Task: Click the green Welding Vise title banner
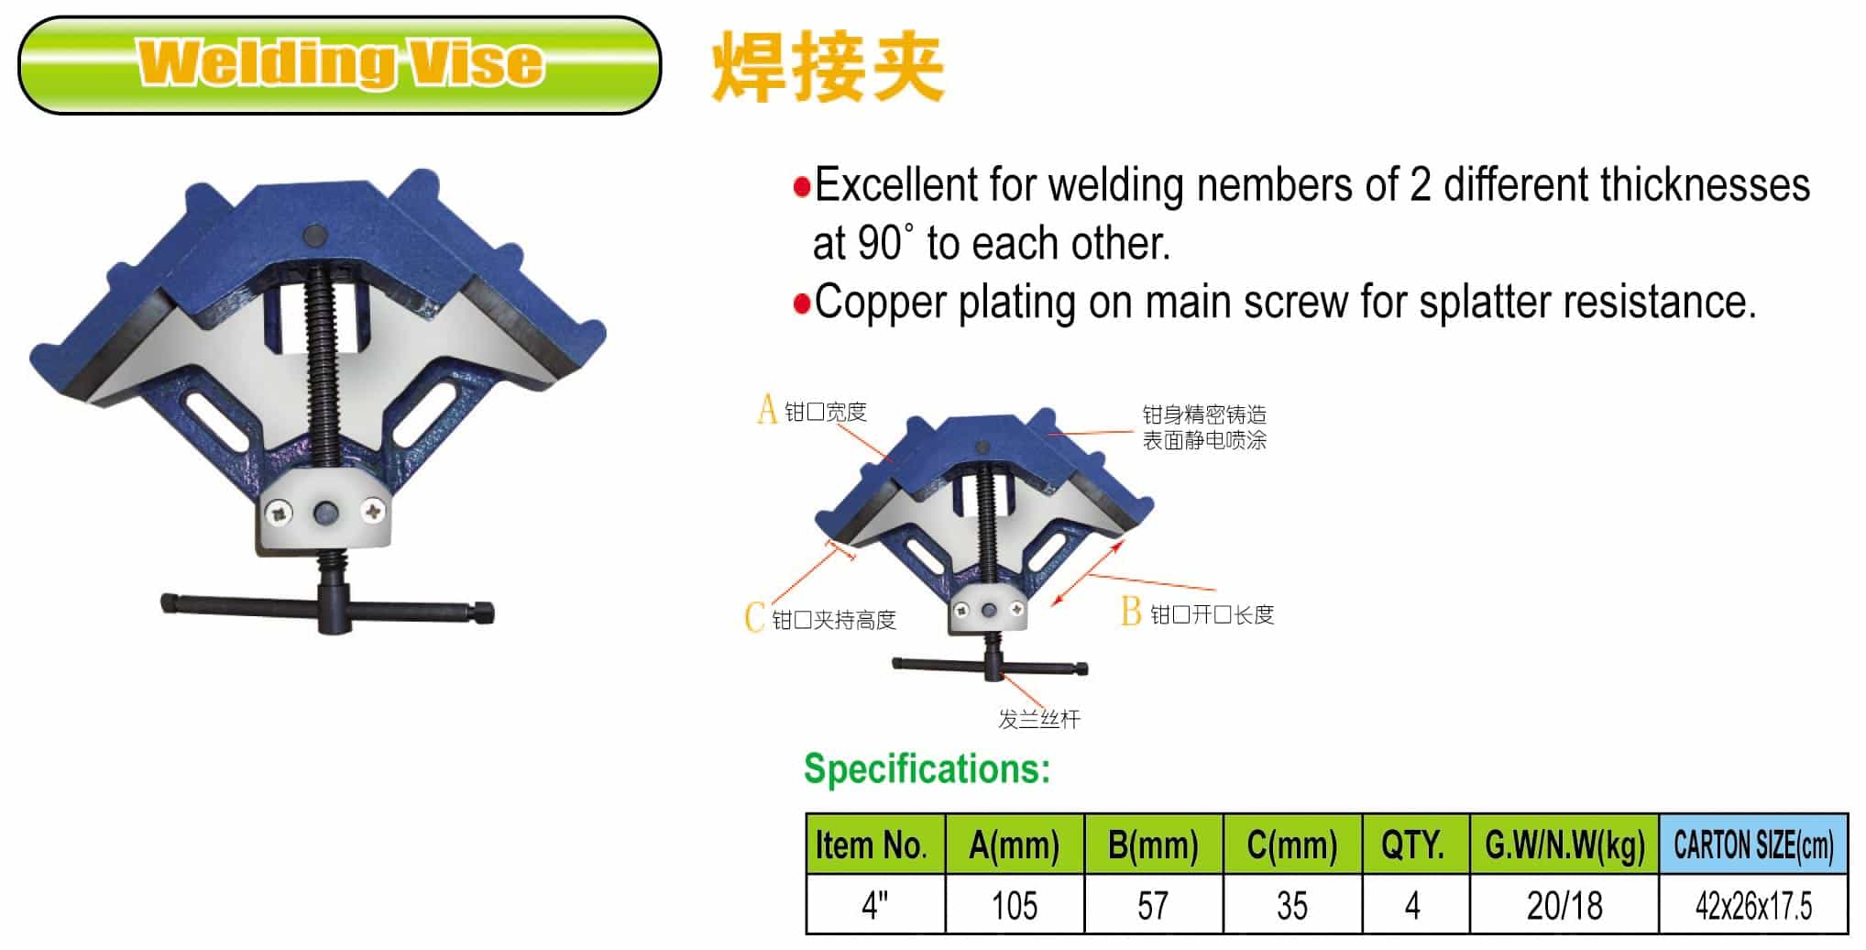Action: click(x=339, y=64)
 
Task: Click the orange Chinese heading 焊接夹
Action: click(x=827, y=66)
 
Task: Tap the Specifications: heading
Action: click(x=927, y=768)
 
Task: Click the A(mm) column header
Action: click(x=1014, y=844)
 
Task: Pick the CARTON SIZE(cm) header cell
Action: click(x=1752, y=844)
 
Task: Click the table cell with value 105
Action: click(x=1014, y=905)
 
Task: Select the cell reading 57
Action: click(x=1153, y=905)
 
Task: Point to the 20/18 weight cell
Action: click(x=1564, y=905)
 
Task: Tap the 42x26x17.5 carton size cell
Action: click(x=1752, y=905)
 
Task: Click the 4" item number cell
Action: click(x=874, y=905)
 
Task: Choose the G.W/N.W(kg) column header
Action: click(x=1564, y=844)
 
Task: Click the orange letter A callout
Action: click(x=767, y=409)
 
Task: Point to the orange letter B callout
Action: click(x=1131, y=612)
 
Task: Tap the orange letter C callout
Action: click(x=754, y=617)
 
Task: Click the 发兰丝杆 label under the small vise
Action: click(x=1038, y=719)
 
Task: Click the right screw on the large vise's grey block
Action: click(x=373, y=511)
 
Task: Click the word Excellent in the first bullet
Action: click(x=896, y=185)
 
